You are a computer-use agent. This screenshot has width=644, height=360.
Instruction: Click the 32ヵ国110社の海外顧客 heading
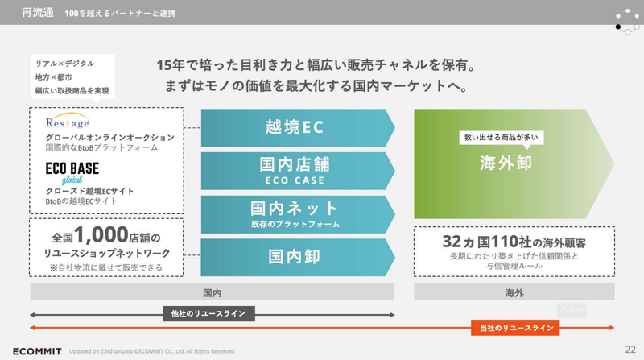[x=514, y=242]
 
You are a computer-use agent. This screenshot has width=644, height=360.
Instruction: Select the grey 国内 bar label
[x=212, y=292]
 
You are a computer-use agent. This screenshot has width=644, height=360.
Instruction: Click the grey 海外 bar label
[x=514, y=292]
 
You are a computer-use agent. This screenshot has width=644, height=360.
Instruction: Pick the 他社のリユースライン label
[x=204, y=313]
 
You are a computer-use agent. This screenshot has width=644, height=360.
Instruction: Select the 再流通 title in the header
[x=39, y=13]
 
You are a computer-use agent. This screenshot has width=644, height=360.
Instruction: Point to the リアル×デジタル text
[x=65, y=63]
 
